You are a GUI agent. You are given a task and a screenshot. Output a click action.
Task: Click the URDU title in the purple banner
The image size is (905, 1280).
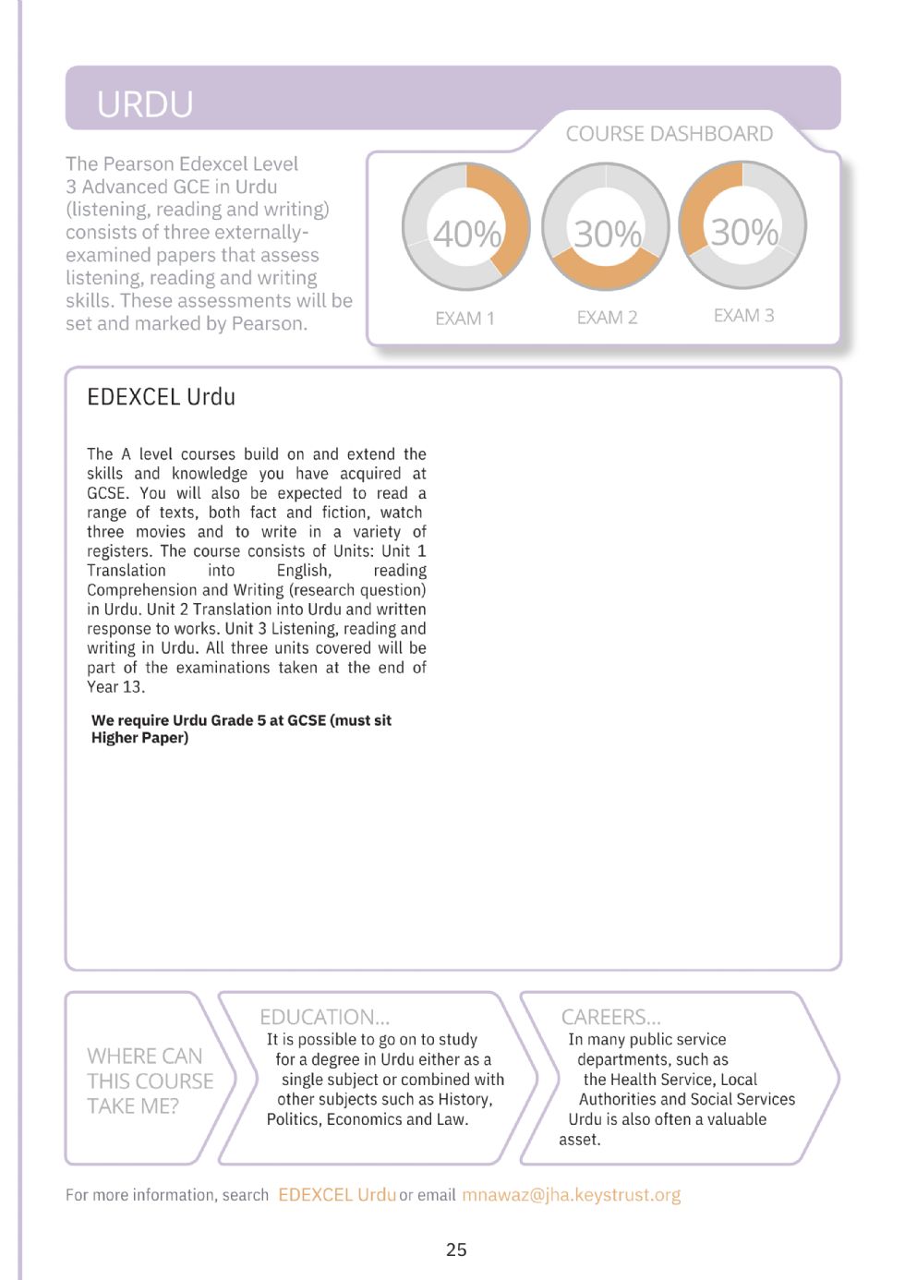145,103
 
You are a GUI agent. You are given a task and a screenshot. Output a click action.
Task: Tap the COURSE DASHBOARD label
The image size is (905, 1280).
669,134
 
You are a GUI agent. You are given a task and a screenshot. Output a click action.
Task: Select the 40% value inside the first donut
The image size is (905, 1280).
466,234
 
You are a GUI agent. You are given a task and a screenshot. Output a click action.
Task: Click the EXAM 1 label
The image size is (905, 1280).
465,319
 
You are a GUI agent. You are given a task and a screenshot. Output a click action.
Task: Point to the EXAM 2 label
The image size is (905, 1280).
607,318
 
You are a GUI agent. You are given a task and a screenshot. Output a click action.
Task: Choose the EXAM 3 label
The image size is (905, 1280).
743,316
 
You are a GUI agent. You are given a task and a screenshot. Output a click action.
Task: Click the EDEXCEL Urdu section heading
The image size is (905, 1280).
161,397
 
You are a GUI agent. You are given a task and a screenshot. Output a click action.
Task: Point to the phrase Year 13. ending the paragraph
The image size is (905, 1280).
115,687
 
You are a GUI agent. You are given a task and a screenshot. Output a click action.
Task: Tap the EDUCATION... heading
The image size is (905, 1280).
324,1017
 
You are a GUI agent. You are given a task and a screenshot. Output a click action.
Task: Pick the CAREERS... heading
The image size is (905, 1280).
610,1017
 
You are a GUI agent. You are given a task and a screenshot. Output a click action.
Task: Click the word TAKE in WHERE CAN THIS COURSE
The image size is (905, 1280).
109,1105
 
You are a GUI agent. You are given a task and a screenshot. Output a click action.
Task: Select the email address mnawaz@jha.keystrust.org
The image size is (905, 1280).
571,1195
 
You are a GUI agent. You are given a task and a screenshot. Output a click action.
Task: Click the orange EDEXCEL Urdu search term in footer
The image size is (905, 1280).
336,1195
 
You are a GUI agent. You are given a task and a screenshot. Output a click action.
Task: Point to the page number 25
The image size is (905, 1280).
456,1250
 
